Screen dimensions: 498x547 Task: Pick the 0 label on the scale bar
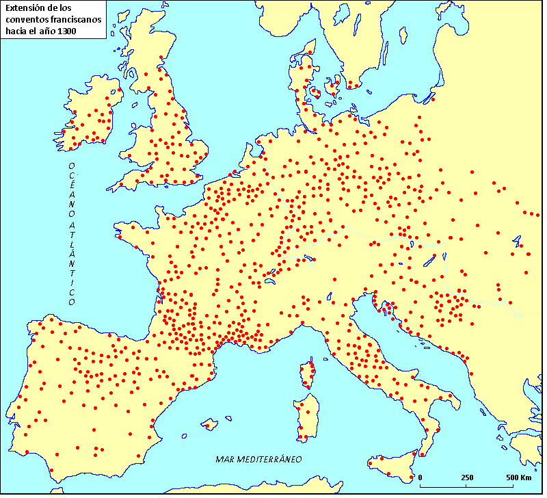click(420, 477)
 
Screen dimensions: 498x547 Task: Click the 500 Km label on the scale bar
click(518, 477)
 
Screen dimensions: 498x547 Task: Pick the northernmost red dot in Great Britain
click(161, 57)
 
